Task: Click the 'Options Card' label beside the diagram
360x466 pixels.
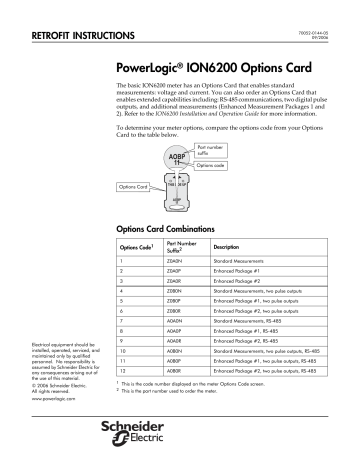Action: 133,187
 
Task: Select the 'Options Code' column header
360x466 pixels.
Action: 135,246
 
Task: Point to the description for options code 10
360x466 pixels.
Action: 265,354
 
